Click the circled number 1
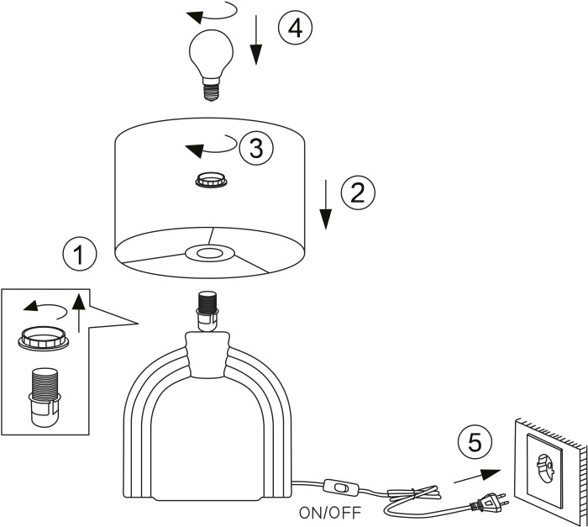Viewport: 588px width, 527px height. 79,254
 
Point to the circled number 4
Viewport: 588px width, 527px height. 293,29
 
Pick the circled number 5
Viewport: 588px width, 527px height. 473,442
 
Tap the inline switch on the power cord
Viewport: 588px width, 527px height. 339,487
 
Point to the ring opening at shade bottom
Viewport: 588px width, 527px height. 209,252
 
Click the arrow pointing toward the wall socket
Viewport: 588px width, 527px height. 471,476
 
